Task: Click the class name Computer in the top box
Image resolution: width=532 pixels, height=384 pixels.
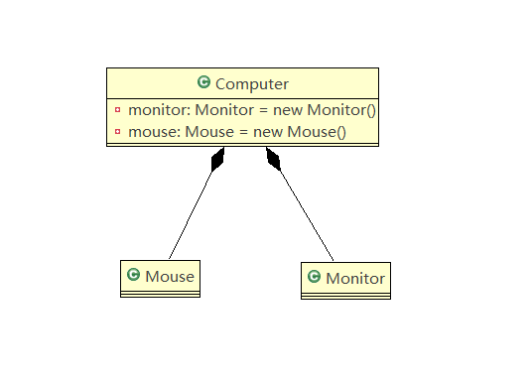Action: click(251, 84)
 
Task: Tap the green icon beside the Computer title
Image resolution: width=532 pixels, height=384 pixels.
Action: click(204, 83)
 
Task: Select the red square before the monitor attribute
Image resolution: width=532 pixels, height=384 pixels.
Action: click(118, 110)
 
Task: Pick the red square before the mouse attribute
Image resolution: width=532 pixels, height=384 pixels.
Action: click(118, 131)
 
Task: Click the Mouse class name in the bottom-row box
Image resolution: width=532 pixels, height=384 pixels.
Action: click(170, 275)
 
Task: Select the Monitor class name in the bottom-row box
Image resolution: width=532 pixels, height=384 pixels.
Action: click(354, 278)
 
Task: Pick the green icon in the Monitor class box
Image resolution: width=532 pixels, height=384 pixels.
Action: click(315, 277)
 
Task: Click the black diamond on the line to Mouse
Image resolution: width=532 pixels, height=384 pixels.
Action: click(217, 160)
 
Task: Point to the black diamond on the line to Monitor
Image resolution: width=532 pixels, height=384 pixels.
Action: click(273, 160)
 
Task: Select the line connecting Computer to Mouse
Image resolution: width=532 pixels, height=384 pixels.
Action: click(192, 212)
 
